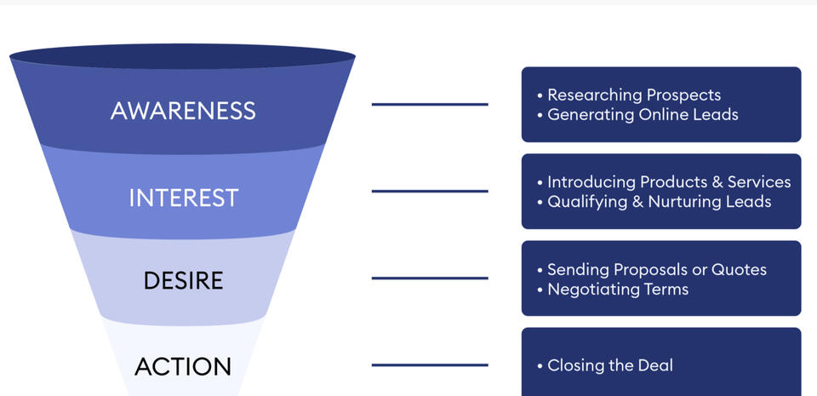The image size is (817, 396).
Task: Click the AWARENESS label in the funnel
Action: (183, 111)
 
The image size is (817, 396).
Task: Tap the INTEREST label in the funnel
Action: (183, 198)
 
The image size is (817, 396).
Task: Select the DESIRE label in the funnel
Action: (183, 280)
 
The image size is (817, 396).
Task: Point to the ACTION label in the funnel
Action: (183, 366)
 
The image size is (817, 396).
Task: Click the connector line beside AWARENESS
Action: (430, 105)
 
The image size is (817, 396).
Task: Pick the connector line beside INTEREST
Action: (430, 191)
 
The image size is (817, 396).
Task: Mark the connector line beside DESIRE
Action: (430, 278)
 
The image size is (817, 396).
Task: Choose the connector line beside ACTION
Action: (430, 365)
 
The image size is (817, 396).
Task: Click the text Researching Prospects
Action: (633, 95)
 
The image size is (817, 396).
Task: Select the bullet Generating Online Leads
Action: (642, 114)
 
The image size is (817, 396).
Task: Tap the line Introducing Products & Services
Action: (668, 181)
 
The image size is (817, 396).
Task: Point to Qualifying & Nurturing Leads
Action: (659, 202)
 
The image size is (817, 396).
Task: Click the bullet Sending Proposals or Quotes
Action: (656, 269)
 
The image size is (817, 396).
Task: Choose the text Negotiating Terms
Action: (617, 289)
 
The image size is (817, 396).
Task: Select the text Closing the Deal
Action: (609, 365)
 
